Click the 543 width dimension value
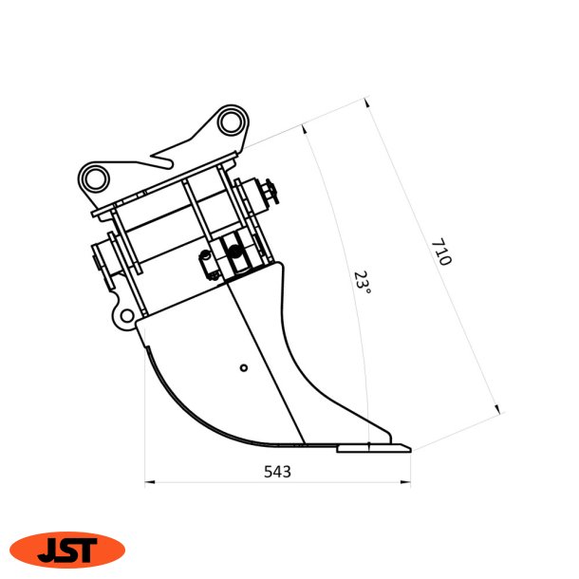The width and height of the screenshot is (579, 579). pos(277,471)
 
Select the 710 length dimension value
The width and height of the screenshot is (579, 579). pos(441,253)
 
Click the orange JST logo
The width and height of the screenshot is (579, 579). pos(67,550)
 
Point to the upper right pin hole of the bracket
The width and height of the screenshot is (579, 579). pos(229,122)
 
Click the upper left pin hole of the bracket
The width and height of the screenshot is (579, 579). pos(95,178)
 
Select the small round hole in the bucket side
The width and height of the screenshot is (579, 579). pos(244,367)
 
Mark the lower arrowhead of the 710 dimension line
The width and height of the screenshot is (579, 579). pos(497,409)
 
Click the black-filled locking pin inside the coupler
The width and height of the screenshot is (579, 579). pos(233,252)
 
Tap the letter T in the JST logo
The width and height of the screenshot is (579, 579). pos(89,550)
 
